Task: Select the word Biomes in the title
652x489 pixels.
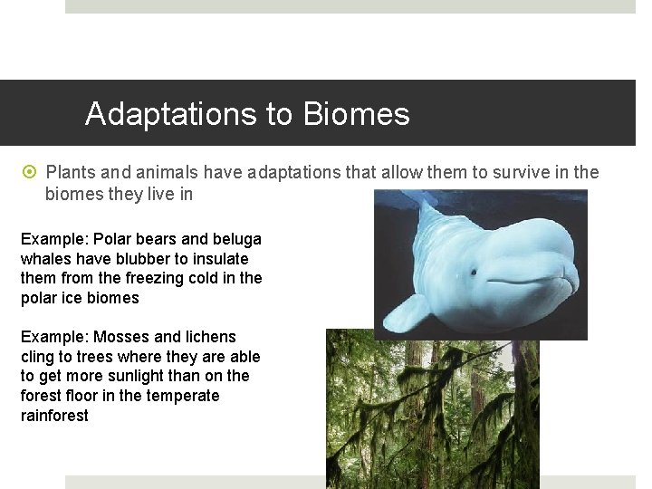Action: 357,115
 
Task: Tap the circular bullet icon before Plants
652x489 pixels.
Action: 32,172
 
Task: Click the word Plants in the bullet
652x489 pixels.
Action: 72,172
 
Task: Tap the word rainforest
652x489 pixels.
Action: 54,416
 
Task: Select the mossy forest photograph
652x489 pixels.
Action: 432,407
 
